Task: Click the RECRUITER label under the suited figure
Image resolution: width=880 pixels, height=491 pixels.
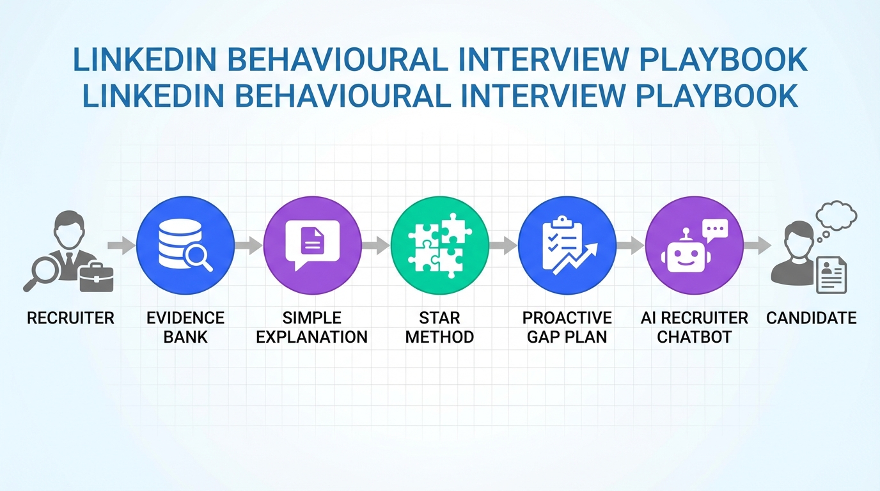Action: click(x=70, y=318)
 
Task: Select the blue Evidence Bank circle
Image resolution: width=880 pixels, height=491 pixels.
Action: click(x=185, y=245)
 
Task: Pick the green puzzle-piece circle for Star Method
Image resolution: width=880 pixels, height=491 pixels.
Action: click(x=440, y=245)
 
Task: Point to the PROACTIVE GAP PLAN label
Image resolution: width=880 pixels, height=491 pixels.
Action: click(x=567, y=327)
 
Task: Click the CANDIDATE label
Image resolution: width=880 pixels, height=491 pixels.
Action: click(x=811, y=318)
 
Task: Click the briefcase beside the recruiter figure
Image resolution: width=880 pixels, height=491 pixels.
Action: click(x=96, y=277)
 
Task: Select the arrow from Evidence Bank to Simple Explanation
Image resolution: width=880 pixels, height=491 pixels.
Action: click(x=249, y=245)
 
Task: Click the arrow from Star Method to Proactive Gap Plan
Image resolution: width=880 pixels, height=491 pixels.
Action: click(x=503, y=245)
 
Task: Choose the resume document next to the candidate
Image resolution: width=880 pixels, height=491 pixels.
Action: click(x=831, y=275)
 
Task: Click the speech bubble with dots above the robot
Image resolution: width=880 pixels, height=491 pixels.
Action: click(x=714, y=230)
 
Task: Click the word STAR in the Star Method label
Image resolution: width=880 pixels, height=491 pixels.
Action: click(x=440, y=318)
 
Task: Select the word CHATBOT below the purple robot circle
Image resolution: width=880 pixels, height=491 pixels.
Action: click(x=695, y=337)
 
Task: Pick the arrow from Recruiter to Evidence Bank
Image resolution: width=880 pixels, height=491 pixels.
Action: click(x=122, y=245)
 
